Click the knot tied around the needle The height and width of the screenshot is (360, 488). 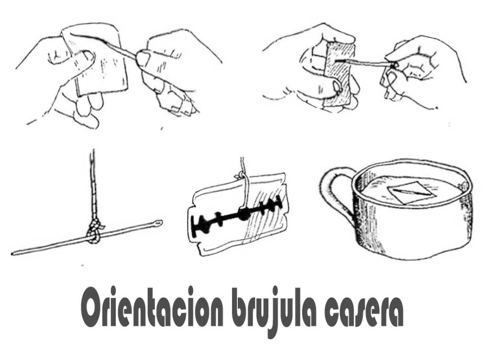point(94,232)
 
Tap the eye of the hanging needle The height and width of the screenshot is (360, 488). point(159,222)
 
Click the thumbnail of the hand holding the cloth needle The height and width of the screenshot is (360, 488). point(143,59)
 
